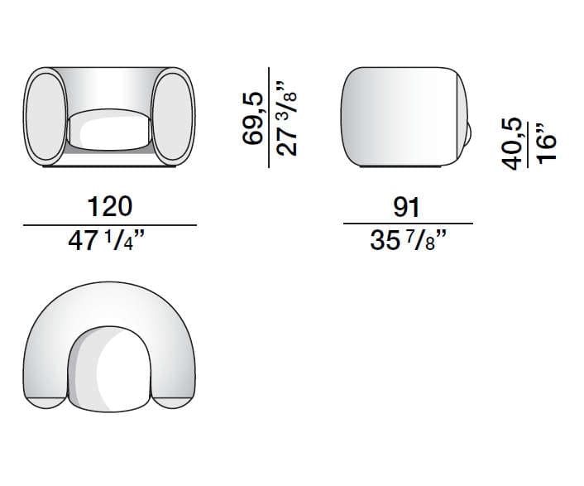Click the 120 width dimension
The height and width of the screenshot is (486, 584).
coord(109,207)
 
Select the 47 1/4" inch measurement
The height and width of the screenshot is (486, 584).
coord(109,243)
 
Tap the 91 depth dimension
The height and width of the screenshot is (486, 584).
coord(407,207)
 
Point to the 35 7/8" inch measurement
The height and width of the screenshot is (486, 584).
coord(407,243)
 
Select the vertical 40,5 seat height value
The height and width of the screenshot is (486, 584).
coord(513,142)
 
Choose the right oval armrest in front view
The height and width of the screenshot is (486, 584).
coord(174,117)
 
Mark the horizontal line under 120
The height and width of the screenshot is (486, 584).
coord(109,224)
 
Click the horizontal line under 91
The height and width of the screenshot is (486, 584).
coord(407,224)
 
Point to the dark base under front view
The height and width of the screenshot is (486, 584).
coord(109,167)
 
